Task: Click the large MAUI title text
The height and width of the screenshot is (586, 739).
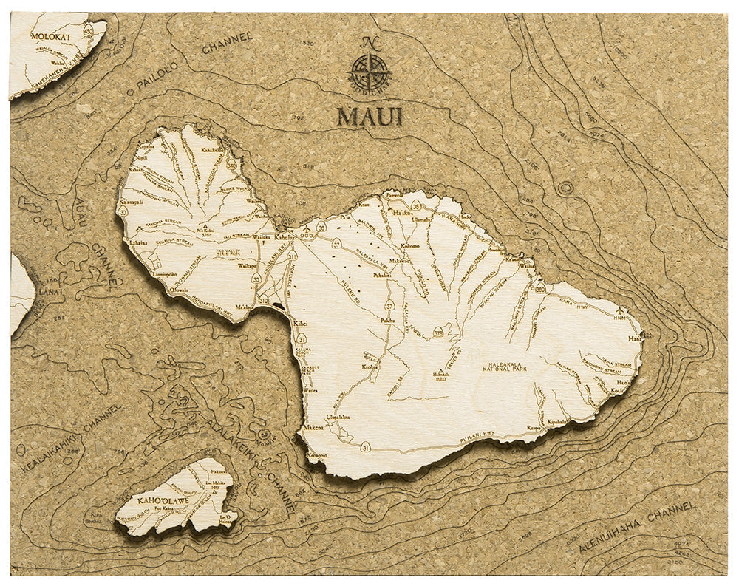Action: click(x=370, y=117)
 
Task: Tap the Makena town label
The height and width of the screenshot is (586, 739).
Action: click(x=313, y=427)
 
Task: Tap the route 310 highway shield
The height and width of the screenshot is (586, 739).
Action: click(x=264, y=301)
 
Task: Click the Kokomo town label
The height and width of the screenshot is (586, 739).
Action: click(x=409, y=246)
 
